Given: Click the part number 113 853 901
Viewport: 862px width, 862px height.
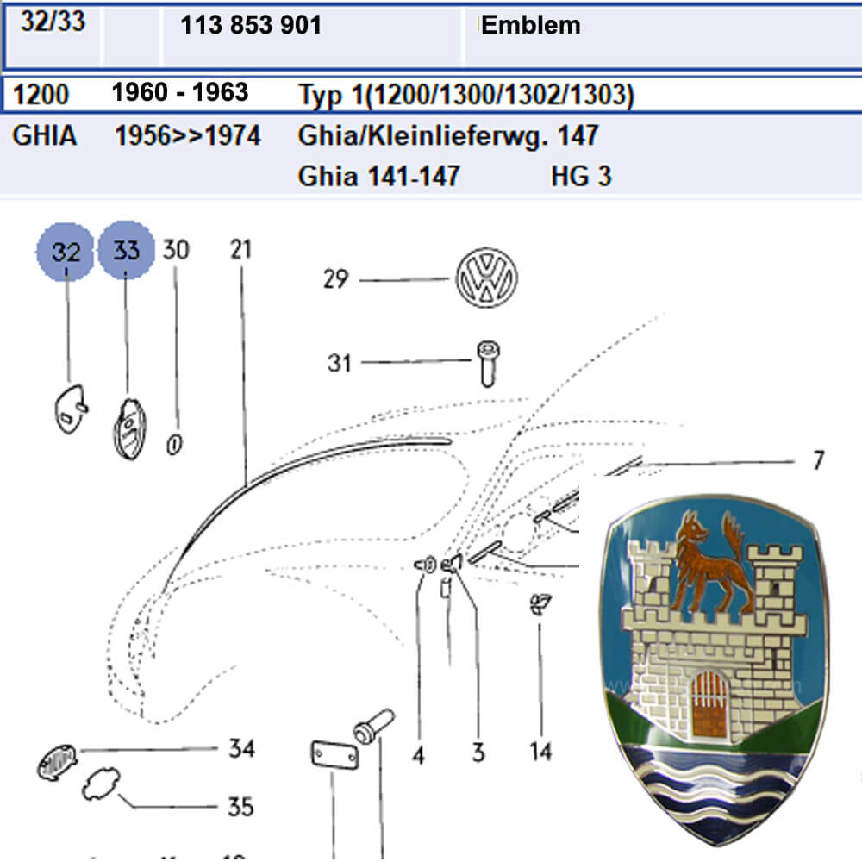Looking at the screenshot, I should coord(251,26).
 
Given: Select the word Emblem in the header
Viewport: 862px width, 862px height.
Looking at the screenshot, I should coord(530,25).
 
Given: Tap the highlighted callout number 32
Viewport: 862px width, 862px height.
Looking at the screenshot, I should coord(66,252).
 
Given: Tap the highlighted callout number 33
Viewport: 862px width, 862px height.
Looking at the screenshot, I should coord(126,251).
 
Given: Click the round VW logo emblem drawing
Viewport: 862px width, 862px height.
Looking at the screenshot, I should coord(486,278).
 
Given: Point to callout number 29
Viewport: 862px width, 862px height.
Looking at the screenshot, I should coord(336,279).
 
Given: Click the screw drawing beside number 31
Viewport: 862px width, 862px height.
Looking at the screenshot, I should coord(488,363).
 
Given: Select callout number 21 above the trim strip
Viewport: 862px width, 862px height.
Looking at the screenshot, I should coord(240,249).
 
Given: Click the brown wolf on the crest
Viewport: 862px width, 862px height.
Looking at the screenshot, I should coord(705,565).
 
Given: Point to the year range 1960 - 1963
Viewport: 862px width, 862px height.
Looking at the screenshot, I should coord(180,92).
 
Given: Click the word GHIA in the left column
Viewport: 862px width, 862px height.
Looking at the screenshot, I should coord(45,136).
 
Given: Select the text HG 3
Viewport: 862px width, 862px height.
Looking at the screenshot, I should coord(581,177).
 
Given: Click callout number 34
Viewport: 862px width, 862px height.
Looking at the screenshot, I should coord(240,748).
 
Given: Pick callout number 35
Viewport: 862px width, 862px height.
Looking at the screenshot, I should coord(240,807).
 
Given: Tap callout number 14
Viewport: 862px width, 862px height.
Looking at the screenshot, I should coord(540,751).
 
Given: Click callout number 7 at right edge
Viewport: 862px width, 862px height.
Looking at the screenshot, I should coord(818,460).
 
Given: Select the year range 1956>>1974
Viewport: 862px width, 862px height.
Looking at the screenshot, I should coord(188,135).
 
